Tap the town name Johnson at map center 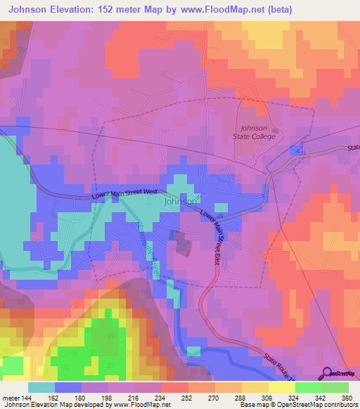[180, 202]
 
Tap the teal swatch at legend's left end [41, 387]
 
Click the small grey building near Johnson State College [275, 131]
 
